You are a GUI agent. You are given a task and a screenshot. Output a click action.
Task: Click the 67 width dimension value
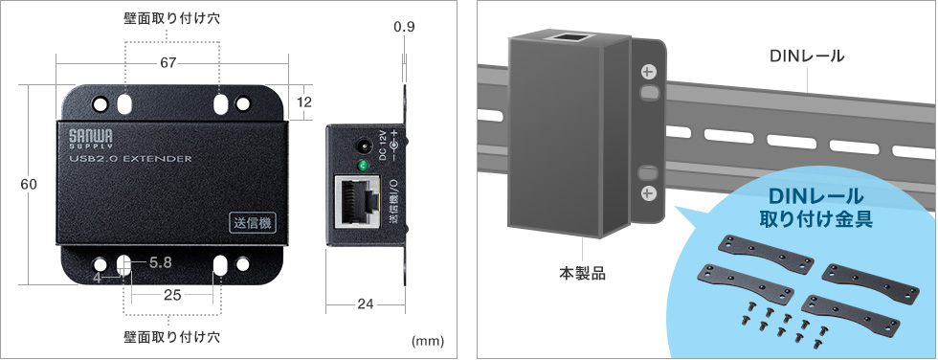tap(167, 63)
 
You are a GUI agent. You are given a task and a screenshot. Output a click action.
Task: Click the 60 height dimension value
tap(29, 185)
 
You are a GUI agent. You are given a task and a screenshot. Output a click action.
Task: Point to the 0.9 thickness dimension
tap(404, 28)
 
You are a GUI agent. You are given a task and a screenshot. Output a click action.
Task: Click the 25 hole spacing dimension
tap(172, 295)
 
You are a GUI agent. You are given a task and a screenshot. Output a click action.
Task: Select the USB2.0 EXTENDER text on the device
tap(131, 159)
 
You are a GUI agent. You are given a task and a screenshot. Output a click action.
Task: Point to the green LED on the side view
tap(363, 167)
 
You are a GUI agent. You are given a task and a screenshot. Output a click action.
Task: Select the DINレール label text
tap(807, 56)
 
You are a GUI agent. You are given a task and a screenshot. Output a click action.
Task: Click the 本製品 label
tap(583, 273)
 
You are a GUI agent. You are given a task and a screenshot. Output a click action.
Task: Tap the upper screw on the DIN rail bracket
tap(648, 72)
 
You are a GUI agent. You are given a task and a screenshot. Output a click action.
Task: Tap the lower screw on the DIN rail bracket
tap(648, 193)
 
